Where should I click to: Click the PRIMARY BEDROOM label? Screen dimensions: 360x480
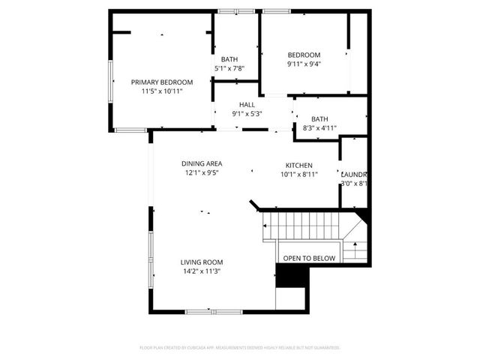coord(162,82)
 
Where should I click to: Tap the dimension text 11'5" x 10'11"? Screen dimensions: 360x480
coord(162,91)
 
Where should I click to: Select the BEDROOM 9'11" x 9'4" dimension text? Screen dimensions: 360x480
coord(304,64)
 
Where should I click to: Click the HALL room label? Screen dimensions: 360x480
coord(247,104)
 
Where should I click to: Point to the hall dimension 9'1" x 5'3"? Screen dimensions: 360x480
coord(247,114)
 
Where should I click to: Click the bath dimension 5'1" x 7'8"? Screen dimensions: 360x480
coord(229,69)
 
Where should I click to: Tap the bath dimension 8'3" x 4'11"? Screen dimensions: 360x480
coord(319,128)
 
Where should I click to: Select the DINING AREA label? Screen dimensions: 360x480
coord(202,163)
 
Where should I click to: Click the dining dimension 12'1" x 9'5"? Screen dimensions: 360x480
coord(202,173)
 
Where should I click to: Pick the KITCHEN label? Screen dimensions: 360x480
coord(298,165)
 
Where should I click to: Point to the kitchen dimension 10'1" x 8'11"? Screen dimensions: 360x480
coord(298,174)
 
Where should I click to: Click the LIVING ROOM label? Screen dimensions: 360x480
coord(201,262)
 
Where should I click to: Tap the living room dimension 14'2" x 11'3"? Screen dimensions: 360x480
coord(201,271)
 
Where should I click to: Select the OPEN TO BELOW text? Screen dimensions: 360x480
coord(309,259)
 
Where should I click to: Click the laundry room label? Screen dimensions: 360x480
coord(354,173)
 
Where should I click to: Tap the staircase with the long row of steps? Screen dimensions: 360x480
coord(300,224)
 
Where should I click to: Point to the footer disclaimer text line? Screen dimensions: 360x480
coord(240,347)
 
